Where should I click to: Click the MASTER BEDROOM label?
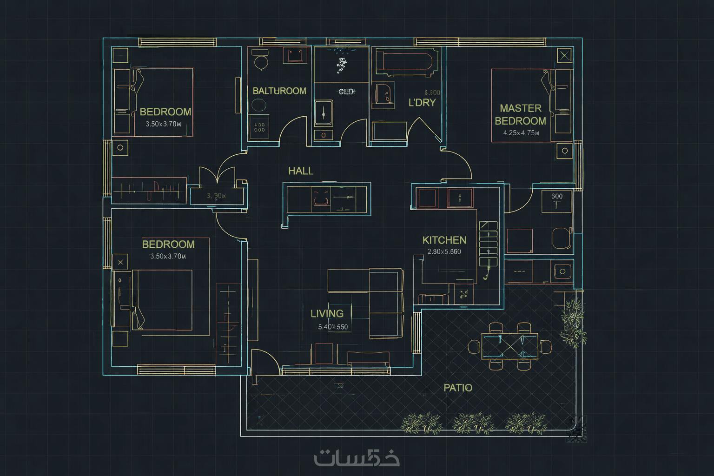click(x=520, y=114)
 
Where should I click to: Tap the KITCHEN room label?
click(x=444, y=240)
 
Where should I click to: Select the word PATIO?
click(x=458, y=388)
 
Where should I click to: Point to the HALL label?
click(x=300, y=171)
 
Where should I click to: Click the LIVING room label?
click(x=327, y=314)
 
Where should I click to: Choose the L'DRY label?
click(x=422, y=103)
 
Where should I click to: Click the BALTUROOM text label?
click(x=279, y=91)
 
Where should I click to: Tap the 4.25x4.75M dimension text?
click(x=521, y=133)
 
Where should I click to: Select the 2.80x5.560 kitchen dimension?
click(x=444, y=252)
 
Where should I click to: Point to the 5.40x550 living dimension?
click(x=333, y=327)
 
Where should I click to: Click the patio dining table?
click(x=509, y=346)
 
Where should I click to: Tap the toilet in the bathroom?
click(x=261, y=59)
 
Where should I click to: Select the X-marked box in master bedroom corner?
click(x=564, y=56)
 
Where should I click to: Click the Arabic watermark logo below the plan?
click(x=357, y=458)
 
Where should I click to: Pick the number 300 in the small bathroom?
click(x=556, y=196)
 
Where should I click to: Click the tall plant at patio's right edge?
click(x=574, y=324)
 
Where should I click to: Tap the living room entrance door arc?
click(x=266, y=362)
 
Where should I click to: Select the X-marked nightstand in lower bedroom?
click(x=120, y=262)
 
